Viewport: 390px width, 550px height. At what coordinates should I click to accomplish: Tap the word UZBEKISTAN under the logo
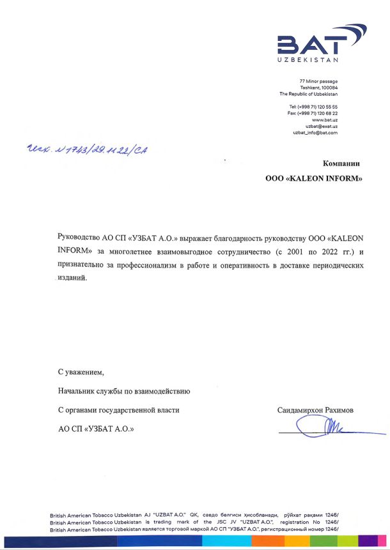pyautogui.click(x=308, y=61)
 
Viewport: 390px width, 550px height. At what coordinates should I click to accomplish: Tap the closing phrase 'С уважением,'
pyautogui.click(x=80, y=372)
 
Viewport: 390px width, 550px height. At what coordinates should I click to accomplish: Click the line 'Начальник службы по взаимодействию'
pyautogui.click(x=123, y=390)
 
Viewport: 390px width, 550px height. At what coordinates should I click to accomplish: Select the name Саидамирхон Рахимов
pyautogui.click(x=316, y=410)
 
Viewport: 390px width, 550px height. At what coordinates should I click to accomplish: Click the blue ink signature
pyautogui.click(x=332, y=426)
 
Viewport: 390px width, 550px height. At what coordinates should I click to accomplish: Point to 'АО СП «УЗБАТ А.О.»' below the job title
pyautogui.click(x=97, y=429)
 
